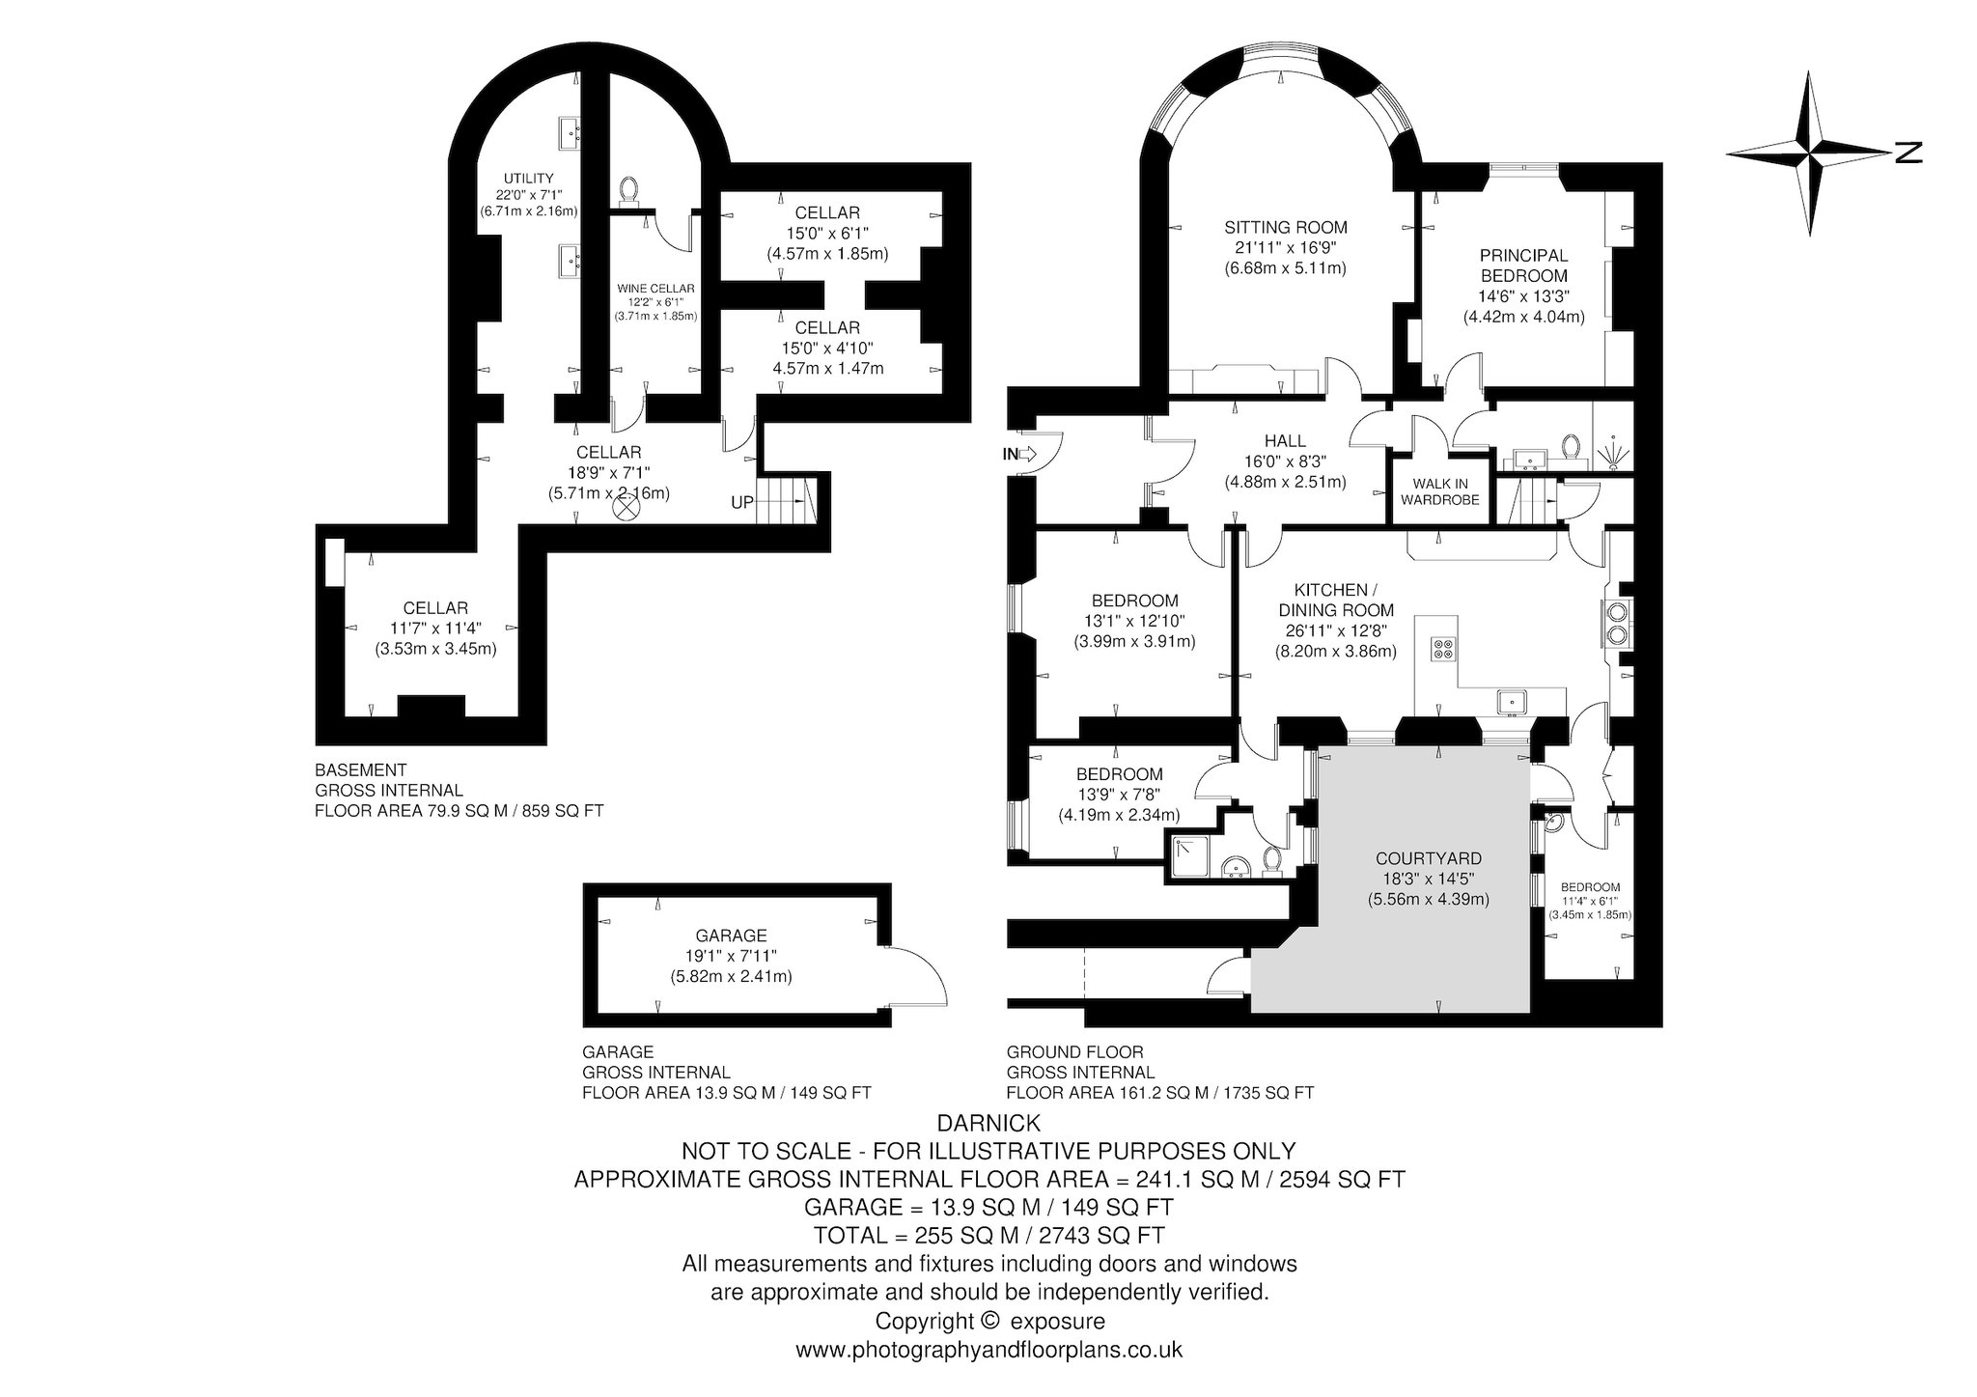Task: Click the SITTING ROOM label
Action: click(x=1285, y=228)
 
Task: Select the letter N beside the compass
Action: click(x=1908, y=153)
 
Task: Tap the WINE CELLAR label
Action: click(x=655, y=288)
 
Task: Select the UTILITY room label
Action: click(x=529, y=178)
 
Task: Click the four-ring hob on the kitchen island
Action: click(x=1442, y=649)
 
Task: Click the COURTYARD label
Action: click(x=1428, y=858)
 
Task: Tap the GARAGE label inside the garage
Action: click(x=731, y=935)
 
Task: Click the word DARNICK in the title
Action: click(x=988, y=1123)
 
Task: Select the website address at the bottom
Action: click(x=988, y=1350)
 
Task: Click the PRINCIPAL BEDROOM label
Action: click(x=1523, y=265)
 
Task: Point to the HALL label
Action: click(x=1284, y=441)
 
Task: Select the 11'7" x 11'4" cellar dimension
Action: click(x=435, y=629)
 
